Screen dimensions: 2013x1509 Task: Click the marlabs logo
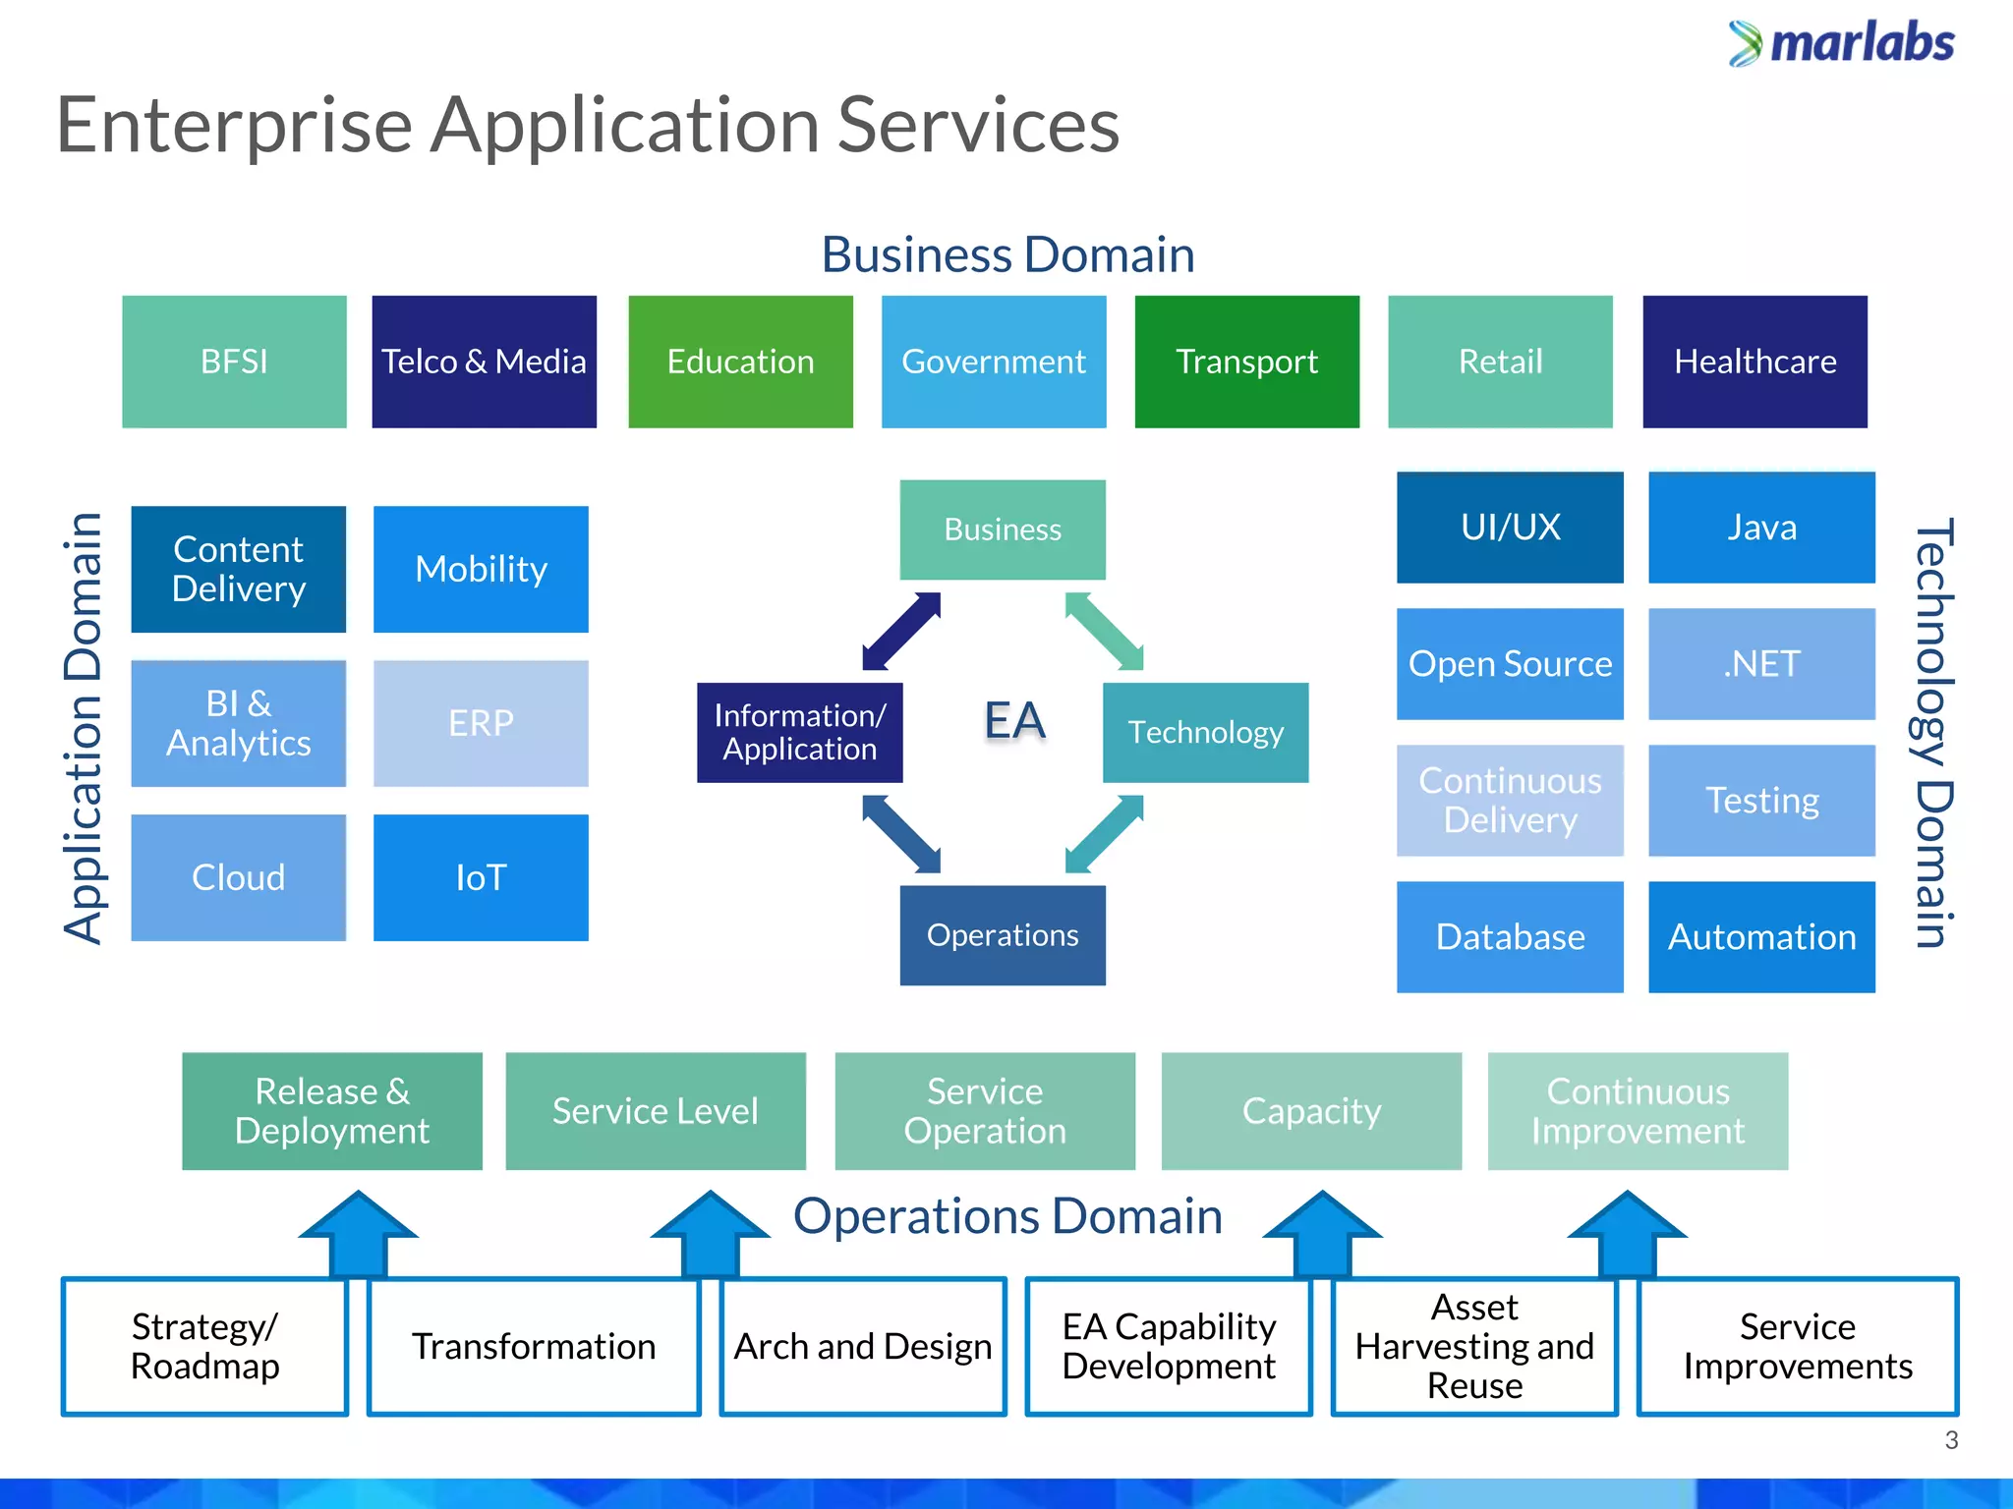(x=1841, y=43)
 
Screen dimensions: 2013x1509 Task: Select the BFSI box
(x=234, y=362)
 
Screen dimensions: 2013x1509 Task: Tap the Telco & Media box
(x=484, y=362)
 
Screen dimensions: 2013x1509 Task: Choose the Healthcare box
(x=1754, y=362)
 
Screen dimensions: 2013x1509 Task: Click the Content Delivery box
(x=239, y=569)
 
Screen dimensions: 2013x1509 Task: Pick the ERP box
(x=481, y=723)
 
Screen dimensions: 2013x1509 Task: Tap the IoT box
(x=481, y=877)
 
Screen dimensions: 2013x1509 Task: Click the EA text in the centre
(x=1014, y=720)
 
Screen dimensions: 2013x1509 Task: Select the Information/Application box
(x=800, y=733)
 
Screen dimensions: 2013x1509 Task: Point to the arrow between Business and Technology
(x=1105, y=632)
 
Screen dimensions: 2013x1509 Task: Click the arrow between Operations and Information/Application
(x=901, y=834)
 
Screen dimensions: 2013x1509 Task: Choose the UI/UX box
(x=1510, y=528)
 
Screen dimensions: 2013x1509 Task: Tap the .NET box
(x=1761, y=664)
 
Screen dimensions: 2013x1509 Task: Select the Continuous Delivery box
(x=1510, y=801)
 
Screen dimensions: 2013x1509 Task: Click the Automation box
(x=1761, y=937)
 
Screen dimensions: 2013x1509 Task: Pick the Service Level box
(x=656, y=1111)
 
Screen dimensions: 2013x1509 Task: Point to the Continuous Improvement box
(x=1638, y=1111)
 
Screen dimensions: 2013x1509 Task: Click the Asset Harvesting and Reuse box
(x=1474, y=1347)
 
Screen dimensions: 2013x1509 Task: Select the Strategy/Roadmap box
(x=205, y=1347)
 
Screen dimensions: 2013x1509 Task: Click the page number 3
(x=1951, y=1440)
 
